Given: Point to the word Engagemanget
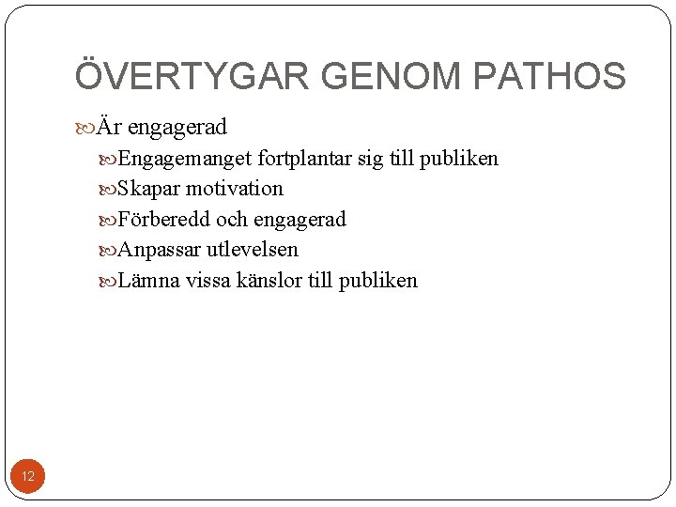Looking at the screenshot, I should tap(186, 159).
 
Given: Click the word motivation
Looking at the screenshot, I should tap(234, 189).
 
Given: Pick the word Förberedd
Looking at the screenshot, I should tap(163, 220).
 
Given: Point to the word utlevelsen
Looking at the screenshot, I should tap(253, 250).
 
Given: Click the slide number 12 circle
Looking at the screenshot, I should tap(28, 477).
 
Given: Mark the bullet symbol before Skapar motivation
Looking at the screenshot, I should tap(107, 190).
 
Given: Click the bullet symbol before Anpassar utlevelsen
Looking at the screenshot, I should tap(107, 251).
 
